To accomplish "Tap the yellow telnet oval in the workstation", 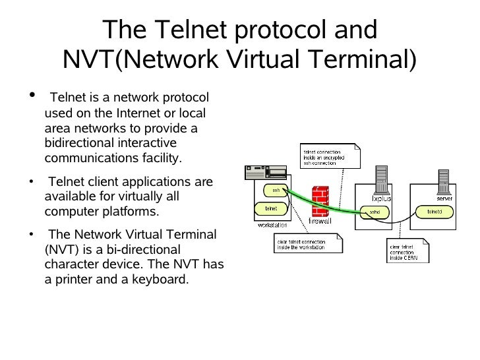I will click(x=271, y=208).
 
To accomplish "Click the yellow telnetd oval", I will click(x=433, y=211).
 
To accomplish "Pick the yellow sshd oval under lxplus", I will click(x=374, y=212).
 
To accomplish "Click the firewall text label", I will click(x=320, y=221).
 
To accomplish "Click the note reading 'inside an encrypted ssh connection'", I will click(x=329, y=156).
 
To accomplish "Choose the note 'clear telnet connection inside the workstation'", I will click(x=307, y=243).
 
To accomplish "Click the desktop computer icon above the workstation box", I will click(x=266, y=173).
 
